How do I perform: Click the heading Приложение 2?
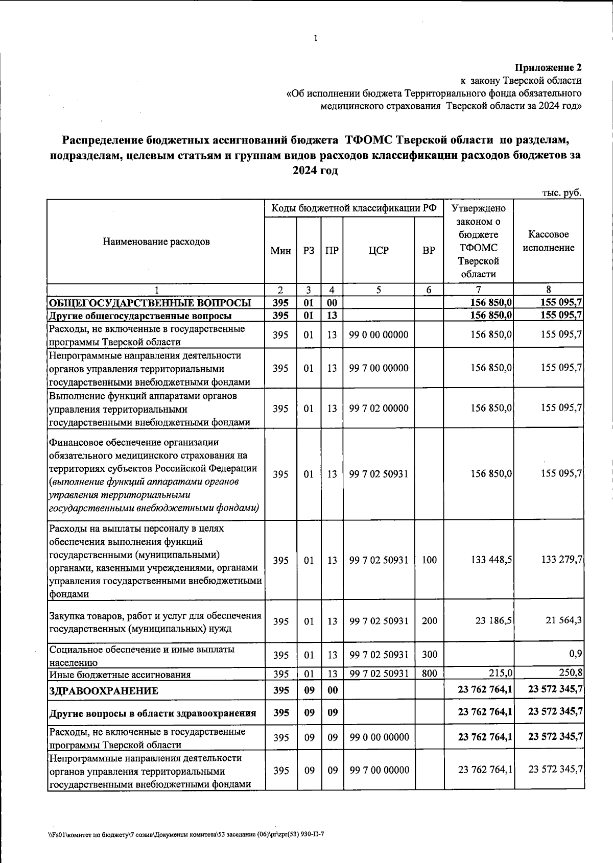(x=548, y=67)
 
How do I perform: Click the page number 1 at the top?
(x=316, y=38)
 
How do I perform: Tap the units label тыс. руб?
(x=561, y=193)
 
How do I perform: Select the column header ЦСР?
(x=379, y=251)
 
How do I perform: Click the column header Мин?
(x=281, y=251)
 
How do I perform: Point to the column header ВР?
(x=429, y=251)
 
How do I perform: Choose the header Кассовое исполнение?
(x=548, y=241)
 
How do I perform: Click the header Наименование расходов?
(x=156, y=242)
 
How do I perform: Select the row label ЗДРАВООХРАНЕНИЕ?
(x=104, y=691)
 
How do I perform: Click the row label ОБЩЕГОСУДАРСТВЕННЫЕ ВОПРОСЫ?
(x=150, y=303)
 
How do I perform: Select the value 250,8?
(x=571, y=673)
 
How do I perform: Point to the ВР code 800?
(x=429, y=674)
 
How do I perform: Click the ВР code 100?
(x=429, y=560)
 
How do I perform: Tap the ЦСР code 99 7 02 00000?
(x=379, y=409)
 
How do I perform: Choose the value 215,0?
(x=500, y=674)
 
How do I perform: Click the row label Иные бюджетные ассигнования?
(x=120, y=675)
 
